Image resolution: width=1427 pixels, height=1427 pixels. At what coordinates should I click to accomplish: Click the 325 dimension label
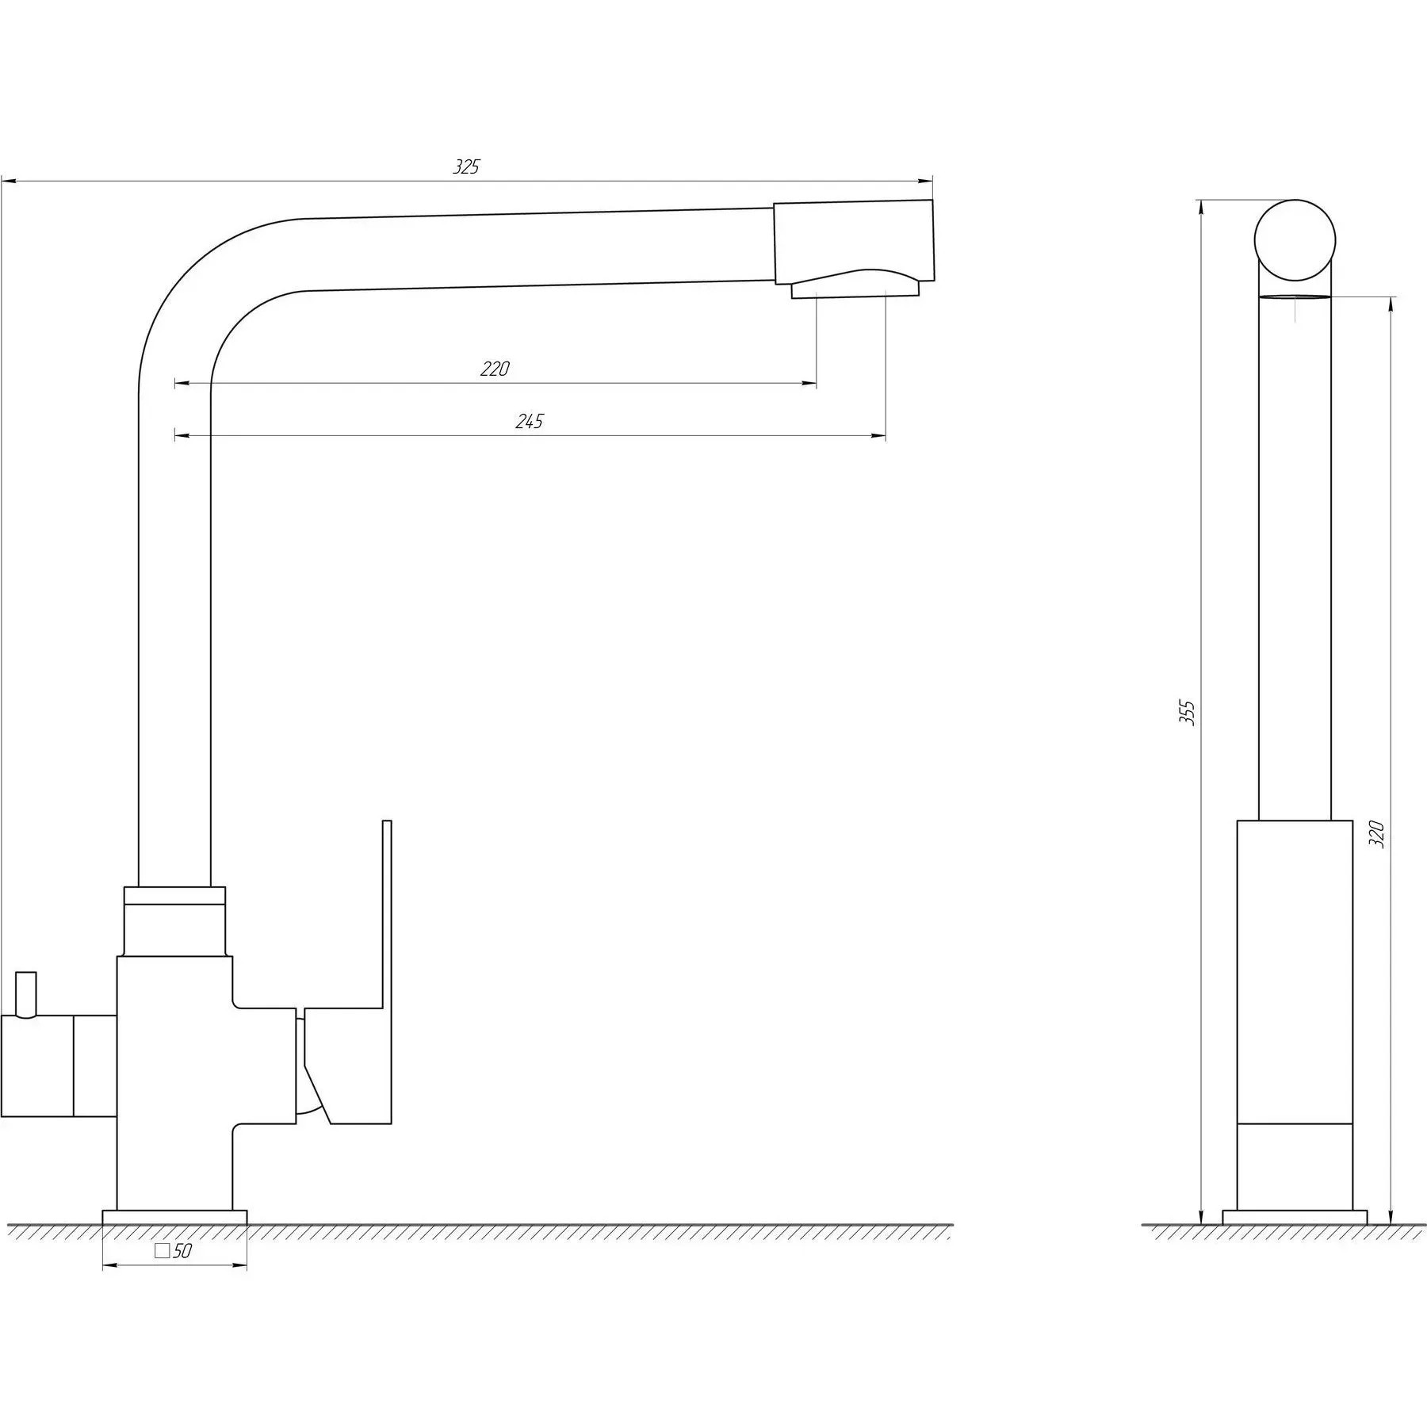tap(466, 167)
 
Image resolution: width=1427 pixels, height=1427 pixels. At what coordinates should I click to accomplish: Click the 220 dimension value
tap(495, 369)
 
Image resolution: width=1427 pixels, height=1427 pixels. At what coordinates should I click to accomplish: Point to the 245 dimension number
tap(530, 421)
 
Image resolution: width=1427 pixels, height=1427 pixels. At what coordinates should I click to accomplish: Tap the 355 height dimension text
tap(1187, 713)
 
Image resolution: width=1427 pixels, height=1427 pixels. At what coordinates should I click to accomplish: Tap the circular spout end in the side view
tap(1295, 240)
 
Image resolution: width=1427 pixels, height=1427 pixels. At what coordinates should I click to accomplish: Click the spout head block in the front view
tap(854, 242)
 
